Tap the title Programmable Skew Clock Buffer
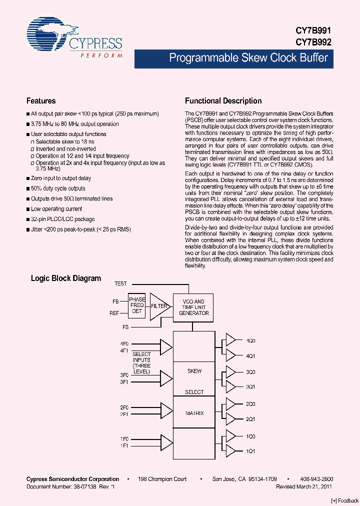click(248, 58)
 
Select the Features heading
click(41, 100)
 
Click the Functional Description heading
click(223, 100)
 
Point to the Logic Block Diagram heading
click(66, 278)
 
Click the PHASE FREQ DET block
click(137, 305)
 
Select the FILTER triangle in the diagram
click(159, 306)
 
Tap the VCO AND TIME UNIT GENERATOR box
click(194, 307)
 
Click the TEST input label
click(120, 283)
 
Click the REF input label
click(114, 313)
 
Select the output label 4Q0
click(250, 340)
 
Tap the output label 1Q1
click(250, 450)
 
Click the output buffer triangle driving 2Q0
click(231, 403)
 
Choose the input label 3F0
click(124, 374)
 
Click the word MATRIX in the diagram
click(194, 413)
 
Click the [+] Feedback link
click(345, 500)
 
